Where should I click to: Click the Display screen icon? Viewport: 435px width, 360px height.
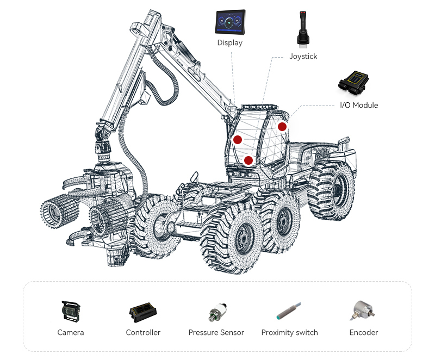pos(230,22)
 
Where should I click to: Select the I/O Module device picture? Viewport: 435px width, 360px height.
pos(353,83)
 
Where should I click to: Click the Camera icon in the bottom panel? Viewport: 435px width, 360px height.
pos(71,311)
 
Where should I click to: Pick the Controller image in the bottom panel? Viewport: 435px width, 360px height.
pos(143,312)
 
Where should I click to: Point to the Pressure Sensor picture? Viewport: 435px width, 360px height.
pos(217,312)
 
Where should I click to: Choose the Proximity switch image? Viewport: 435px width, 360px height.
pos(289,311)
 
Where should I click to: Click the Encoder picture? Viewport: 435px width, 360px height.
pos(362,311)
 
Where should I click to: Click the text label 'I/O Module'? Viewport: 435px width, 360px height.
pos(359,105)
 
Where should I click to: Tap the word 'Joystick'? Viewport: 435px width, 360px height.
pos(303,57)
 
